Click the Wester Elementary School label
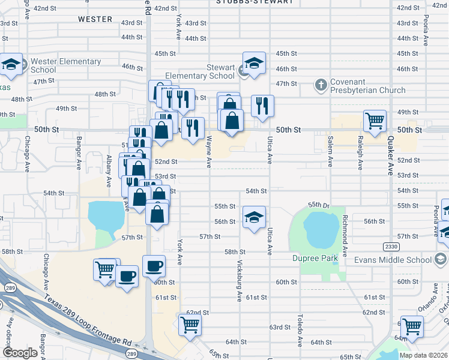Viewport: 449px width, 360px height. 66,65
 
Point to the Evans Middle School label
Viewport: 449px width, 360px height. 393,260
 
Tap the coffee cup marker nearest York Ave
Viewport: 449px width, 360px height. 154,264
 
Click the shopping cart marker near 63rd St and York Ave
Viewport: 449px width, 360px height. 190,325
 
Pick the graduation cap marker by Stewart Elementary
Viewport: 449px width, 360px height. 254,62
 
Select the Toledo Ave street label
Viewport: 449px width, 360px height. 300,331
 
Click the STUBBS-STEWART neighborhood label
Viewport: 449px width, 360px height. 256,2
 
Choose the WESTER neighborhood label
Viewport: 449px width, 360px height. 95,19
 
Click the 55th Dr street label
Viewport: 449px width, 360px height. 319,205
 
